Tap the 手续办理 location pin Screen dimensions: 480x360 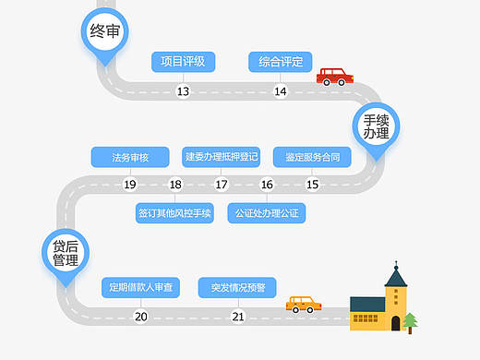(375, 126)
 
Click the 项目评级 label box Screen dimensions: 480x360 (183, 62)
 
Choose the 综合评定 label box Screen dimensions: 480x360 (281, 62)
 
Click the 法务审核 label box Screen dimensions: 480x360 (129, 157)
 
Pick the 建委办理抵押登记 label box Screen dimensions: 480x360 (222, 157)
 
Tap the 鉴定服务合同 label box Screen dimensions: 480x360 (312, 157)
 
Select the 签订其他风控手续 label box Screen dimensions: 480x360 (175, 213)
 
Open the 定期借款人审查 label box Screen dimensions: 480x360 (140, 287)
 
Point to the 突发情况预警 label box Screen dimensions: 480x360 (237, 287)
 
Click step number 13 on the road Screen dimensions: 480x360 (183, 90)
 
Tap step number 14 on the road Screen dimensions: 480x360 (281, 90)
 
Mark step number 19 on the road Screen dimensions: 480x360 (130, 185)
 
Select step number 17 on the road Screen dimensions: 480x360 (222, 185)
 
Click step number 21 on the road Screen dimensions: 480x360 (238, 317)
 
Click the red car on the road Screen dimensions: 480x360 (336, 76)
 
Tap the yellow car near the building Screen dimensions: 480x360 (304, 304)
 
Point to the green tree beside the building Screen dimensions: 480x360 (410, 319)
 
